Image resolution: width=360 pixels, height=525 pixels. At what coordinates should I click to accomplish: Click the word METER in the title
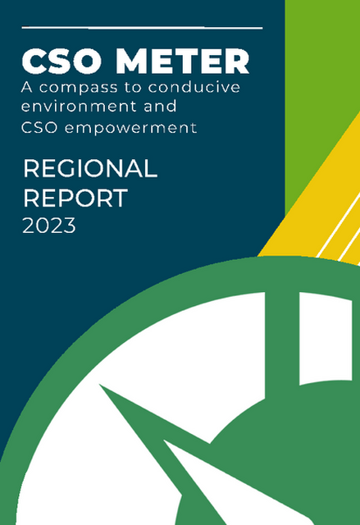[x=182, y=61]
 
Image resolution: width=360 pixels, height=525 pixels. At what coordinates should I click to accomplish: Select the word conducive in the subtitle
[x=194, y=87]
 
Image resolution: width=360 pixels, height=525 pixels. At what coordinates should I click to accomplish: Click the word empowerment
[x=130, y=128]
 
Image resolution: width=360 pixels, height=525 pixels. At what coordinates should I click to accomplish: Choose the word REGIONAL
[x=90, y=168]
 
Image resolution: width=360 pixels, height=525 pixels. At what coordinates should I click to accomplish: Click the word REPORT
[x=75, y=198]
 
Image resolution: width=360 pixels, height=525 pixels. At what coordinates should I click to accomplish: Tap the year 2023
[x=49, y=226]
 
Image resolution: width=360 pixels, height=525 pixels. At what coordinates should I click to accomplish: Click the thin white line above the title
[x=142, y=28]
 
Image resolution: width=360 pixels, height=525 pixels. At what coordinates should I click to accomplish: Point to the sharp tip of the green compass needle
[x=99, y=385]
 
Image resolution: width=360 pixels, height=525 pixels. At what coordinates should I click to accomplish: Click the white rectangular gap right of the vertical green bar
[x=326, y=338]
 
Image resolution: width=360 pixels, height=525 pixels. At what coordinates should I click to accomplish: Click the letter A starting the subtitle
[x=27, y=88]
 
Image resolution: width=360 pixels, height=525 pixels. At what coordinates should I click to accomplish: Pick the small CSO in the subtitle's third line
[x=39, y=128]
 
